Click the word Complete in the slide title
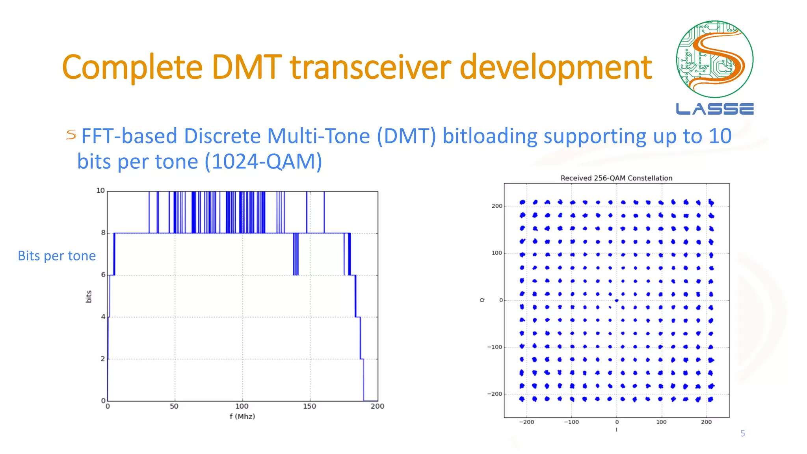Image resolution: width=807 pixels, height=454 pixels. (132, 68)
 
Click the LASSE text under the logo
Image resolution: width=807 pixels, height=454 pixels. (714, 109)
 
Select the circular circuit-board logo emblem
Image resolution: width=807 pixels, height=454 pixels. (714, 59)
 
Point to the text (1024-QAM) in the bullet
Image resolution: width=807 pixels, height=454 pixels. (263, 162)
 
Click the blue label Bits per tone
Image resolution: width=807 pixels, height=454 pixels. (57, 256)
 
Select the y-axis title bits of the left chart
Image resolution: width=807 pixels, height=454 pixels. (89, 296)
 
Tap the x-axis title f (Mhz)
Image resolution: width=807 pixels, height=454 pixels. (242, 417)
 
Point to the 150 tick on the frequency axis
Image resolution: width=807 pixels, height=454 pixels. (309, 406)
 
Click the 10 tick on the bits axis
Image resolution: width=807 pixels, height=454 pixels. (100, 191)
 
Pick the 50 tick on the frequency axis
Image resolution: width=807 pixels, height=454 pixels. (174, 406)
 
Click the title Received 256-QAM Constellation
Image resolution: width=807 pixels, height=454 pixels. (616, 178)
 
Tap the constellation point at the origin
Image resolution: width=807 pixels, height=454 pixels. (617, 301)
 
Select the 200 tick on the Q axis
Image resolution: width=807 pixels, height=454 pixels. (497, 206)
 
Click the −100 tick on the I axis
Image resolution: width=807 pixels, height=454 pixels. (571, 422)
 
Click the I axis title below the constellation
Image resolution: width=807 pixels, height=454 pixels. (616, 430)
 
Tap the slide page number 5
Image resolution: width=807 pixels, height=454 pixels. (742, 434)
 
